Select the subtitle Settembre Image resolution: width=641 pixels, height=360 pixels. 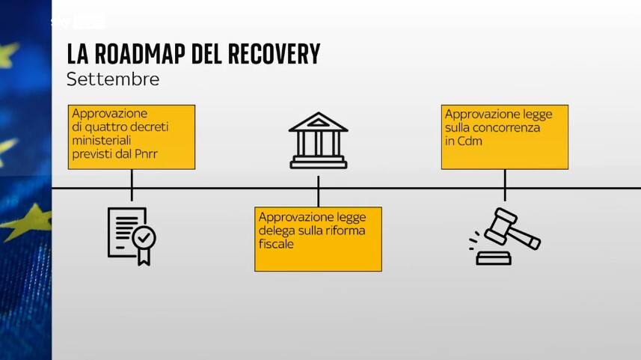coord(112,79)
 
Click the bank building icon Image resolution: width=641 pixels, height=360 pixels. coord(318,140)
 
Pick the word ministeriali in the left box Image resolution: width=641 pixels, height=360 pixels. coord(102,141)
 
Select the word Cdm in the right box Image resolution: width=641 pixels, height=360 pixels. coord(471,141)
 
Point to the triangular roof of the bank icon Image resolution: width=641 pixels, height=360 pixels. coord(318,121)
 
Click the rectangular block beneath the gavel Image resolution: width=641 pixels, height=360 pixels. coord(494,258)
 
